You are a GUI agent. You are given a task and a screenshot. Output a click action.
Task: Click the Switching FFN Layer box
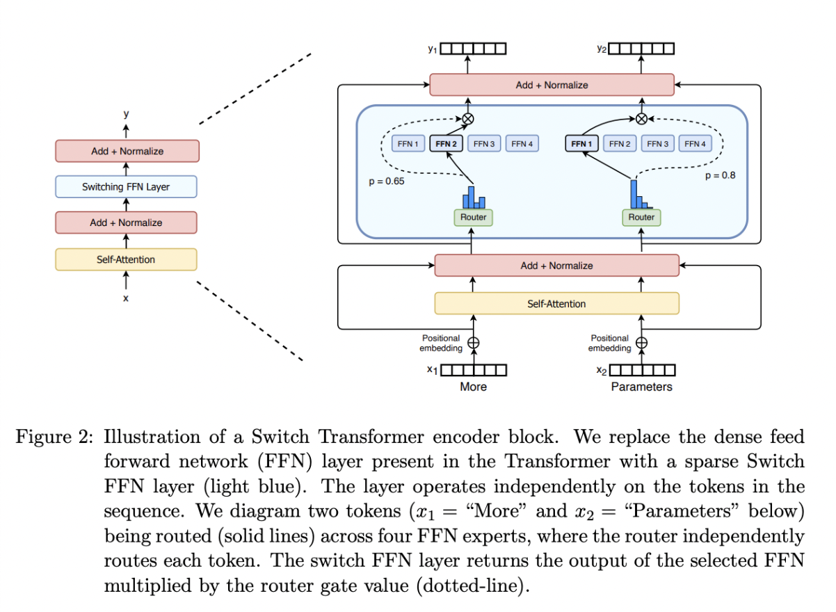(x=126, y=186)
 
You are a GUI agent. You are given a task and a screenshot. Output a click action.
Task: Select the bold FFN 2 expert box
(x=447, y=144)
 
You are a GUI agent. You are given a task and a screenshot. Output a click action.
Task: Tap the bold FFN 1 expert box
(x=581, y=144)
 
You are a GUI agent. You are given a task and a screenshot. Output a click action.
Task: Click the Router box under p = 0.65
(x=473, y=218)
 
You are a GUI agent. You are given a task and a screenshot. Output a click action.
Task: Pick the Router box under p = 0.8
(x=641, y=218)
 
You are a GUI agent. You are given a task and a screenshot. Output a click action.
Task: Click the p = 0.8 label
(x=720, y=176)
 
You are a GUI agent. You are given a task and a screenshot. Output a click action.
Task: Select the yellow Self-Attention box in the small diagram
(x=126, y=259)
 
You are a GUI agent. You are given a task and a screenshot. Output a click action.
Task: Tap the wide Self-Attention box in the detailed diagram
(x=556, y=304)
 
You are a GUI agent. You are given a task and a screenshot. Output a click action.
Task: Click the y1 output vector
(x=473, y=49)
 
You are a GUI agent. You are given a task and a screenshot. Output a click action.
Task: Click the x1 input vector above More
(x=473, y=370)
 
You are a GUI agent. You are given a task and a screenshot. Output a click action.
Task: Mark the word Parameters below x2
(x=641, y=387)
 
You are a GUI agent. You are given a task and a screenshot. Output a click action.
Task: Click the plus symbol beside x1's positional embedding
(x=474, y=342)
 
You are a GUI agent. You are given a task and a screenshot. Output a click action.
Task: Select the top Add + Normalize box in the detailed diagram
(x=552, y=85)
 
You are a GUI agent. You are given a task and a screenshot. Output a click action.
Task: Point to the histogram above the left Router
(x=474, y=197)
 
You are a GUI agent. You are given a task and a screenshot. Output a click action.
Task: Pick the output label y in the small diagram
(x=126, y=114)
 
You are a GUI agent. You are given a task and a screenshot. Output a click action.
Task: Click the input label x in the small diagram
(x=126, y=298)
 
